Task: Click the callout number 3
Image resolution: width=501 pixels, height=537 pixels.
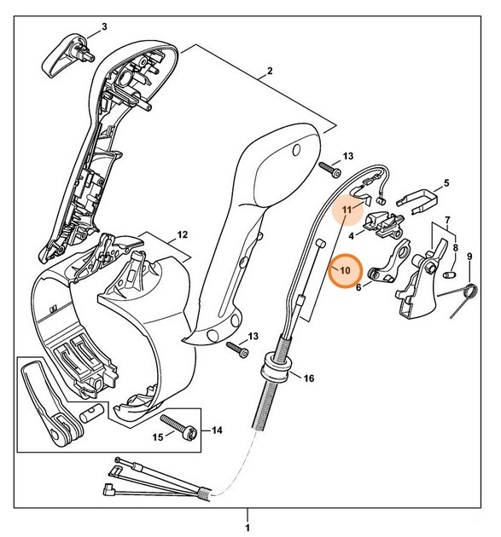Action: [104, 26]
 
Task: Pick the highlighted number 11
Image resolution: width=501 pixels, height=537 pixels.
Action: [347, 209]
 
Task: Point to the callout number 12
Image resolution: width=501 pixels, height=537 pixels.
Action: [182, 234]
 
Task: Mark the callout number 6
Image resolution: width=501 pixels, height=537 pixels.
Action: [358, 288]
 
